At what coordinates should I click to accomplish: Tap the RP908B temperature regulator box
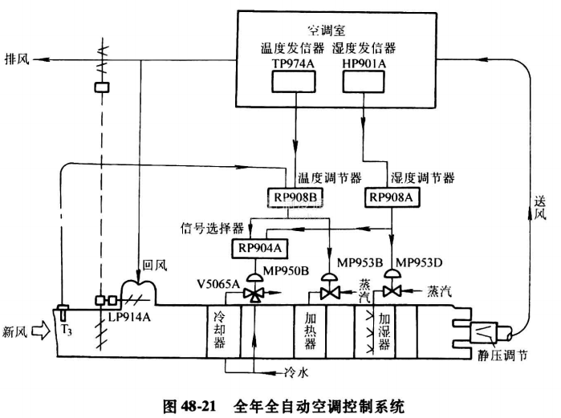coord(291,196)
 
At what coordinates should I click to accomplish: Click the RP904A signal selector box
coord(257,247)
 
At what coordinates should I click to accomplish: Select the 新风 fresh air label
coord(18,331)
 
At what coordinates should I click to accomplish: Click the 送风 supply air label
coord(541,209)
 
